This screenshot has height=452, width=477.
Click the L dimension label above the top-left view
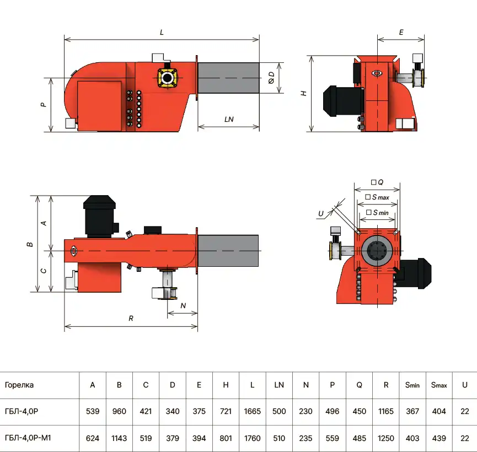point(162,33)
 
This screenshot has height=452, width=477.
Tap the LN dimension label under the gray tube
point(229,119)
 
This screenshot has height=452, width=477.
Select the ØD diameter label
point(271,78)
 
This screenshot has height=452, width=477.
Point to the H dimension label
point(304,94)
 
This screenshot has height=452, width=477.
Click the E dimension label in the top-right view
point(401,33)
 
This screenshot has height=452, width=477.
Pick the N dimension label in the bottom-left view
point(183,305)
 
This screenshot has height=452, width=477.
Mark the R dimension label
point(131,318)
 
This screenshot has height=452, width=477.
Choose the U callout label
point(321,213)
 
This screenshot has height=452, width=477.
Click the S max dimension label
point(378,197)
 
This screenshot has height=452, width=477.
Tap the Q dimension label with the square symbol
point(377,182)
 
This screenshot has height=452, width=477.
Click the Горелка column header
point(19,385)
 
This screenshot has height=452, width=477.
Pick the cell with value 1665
point(252,411)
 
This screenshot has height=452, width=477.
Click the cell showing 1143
point(119,438)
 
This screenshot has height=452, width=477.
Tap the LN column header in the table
point(279,385)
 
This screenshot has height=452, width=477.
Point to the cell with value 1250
point(386,438)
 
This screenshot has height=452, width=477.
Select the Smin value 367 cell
point(412,411)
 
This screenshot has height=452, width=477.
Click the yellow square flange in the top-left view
point(167,77)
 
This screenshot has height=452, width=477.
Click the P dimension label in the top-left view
point(44,104)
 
